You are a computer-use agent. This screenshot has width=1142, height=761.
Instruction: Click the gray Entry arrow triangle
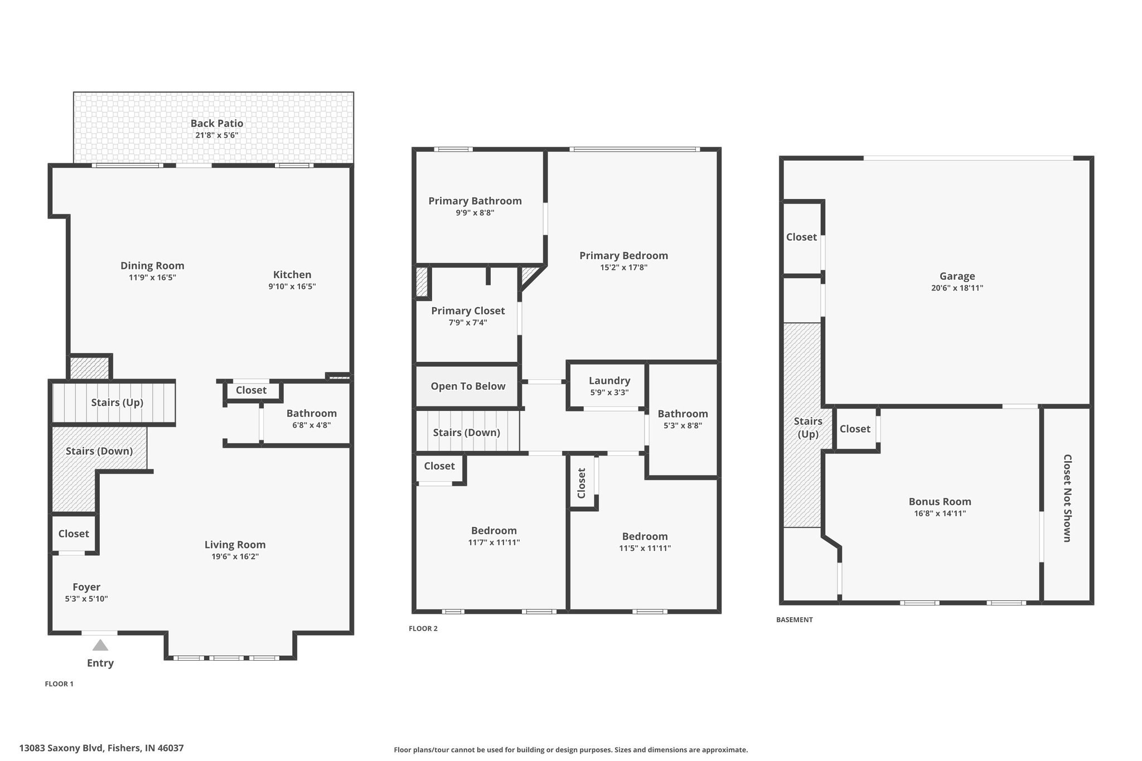pos(100,645)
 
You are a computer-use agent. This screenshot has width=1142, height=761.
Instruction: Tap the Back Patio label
pos(217,123)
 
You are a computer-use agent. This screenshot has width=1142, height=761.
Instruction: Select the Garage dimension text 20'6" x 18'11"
pos(957,288)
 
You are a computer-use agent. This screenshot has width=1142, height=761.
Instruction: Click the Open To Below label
pos(468,386)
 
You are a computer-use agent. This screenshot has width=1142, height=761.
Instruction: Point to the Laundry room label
pos(609,381)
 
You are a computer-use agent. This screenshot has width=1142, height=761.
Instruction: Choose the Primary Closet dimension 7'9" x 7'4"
pos(468,323)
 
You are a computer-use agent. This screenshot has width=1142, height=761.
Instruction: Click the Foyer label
pos(86,587)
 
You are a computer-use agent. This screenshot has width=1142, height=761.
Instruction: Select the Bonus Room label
pos(940,501)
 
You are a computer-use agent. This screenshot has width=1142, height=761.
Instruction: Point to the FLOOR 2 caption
pos(423,628)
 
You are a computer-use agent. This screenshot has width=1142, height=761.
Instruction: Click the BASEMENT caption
pos(795,619)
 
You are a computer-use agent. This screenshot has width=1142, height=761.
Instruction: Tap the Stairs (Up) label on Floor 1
pos(117,403)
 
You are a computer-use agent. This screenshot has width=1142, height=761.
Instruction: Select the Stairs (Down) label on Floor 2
pos(466,433)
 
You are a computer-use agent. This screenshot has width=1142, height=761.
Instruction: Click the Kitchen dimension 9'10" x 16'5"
pos(292,287)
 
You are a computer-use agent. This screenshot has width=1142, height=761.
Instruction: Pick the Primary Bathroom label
pos(475,201)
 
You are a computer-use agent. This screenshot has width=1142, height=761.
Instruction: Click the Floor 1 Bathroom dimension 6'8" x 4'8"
pos(312,425)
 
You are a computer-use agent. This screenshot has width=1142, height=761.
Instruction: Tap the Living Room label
pos(235,545)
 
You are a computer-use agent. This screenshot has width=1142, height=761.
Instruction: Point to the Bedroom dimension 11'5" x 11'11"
pos(645,548)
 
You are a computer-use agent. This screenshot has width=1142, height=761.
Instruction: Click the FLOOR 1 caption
pos(59,684)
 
